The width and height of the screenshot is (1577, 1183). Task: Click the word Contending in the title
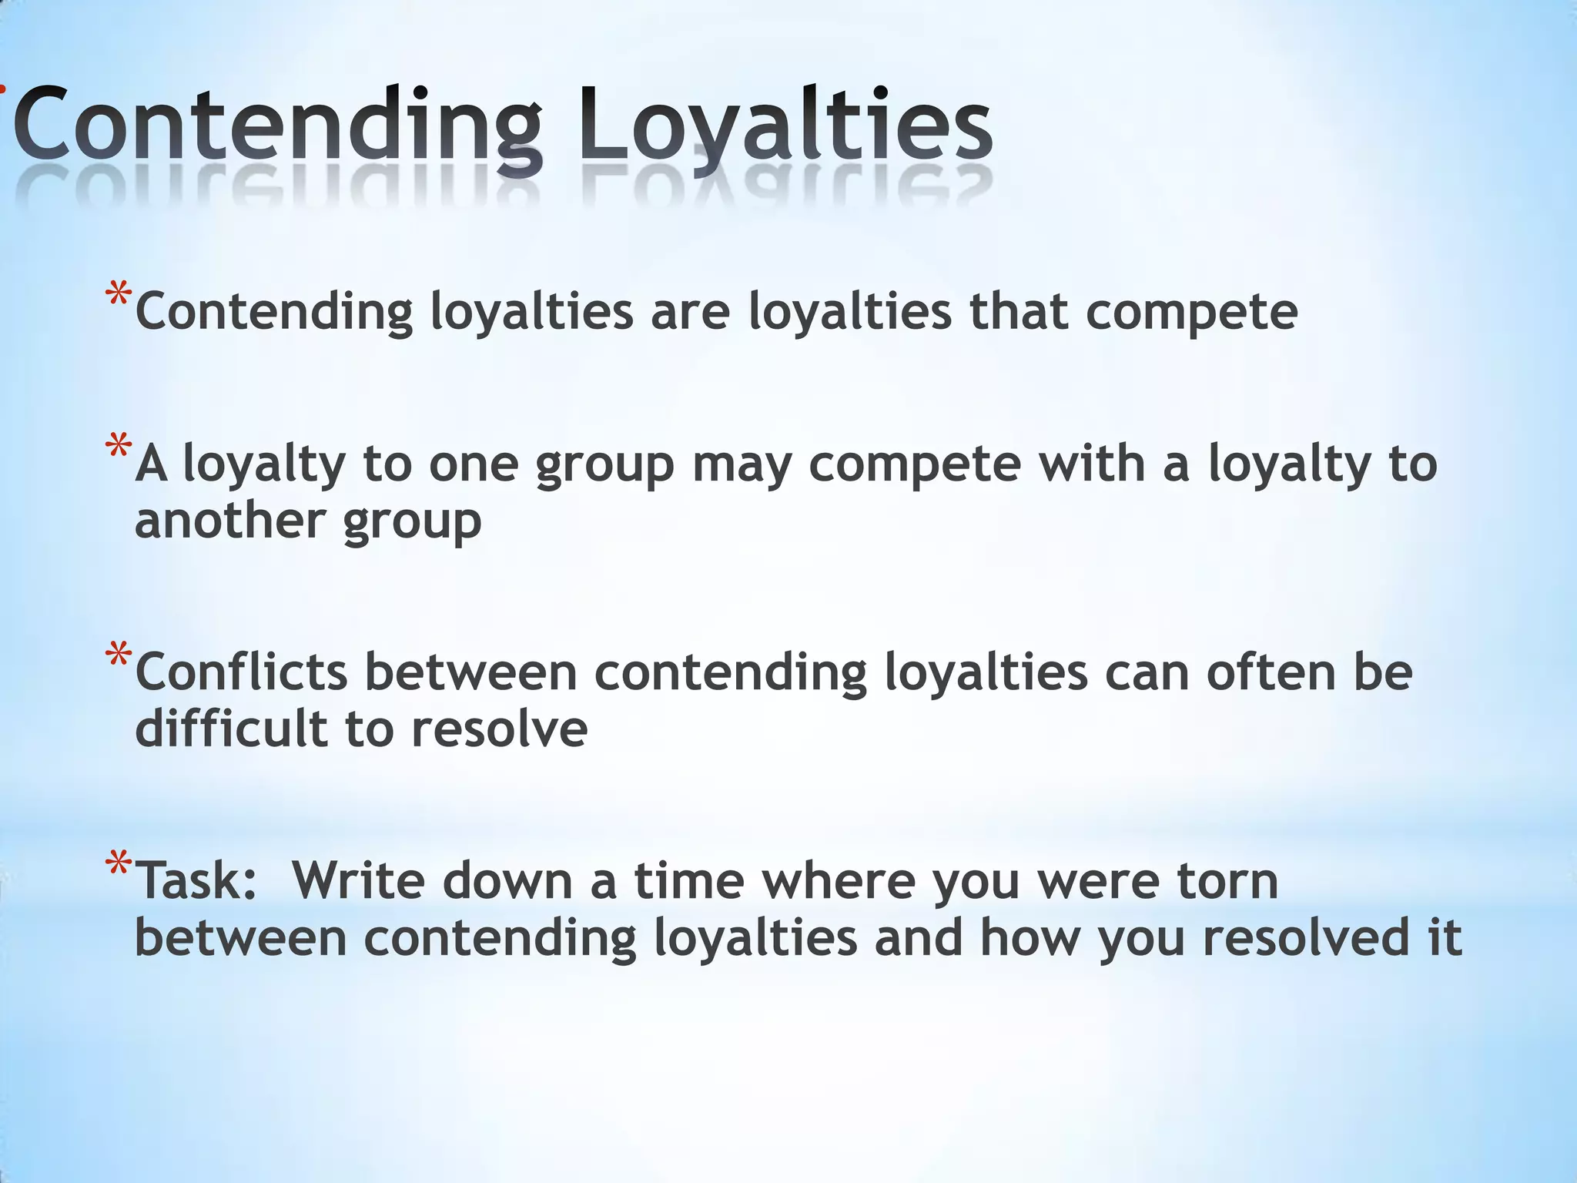pyautogui.click(x=277, y=123)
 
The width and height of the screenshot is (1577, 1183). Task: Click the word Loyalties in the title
pyautogui.click(x=785, y=123)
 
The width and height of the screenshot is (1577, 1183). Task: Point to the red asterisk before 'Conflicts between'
pyautogui.click(x=119, y=657)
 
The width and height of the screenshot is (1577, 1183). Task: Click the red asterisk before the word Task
pyautogui.click(x=119, y=866)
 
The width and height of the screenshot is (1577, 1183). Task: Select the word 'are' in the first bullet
pyautogui.click(x=690, y=312)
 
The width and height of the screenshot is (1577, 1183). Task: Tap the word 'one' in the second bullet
pyautogui.click(x=473, y=464)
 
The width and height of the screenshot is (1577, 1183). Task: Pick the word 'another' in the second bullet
pyautogui.click(x=230, y=521)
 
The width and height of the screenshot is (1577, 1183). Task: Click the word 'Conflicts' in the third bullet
pyautogui.click(x=241, y=672)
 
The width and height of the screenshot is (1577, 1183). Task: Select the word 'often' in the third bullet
pyautogui.click(x=1271, y=672)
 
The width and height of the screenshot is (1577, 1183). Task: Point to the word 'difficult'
pyautogui.click(x=231, y=728)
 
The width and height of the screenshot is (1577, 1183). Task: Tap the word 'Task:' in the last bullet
pyautogui.click(x=197, y=881)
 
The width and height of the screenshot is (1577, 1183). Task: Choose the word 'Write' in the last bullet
pyautogui.click(x=358, y=881)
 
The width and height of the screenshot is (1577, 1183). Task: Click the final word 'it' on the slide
pyautogui.click(x=1445, y=937)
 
